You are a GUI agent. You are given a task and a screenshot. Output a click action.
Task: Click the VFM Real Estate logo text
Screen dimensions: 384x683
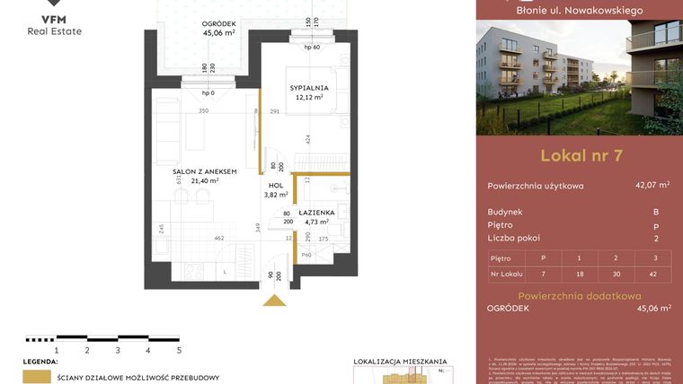point(57,24)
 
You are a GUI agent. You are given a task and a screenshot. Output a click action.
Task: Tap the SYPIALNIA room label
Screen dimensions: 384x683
point(309,88)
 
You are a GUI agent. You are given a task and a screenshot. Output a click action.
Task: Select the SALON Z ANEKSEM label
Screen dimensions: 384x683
point(205,171)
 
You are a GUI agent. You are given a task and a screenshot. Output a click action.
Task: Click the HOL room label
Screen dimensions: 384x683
point(276,186)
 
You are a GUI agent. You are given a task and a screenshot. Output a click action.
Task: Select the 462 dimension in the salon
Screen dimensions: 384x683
point(217,239)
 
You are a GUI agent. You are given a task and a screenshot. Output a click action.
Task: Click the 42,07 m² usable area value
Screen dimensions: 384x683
point(652,186)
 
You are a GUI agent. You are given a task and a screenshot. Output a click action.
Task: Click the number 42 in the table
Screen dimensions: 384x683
point(654,272)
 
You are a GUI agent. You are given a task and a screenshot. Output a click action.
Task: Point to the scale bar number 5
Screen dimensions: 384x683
point(179,351)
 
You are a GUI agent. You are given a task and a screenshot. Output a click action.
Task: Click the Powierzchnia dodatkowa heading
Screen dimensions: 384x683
point(579,294)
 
